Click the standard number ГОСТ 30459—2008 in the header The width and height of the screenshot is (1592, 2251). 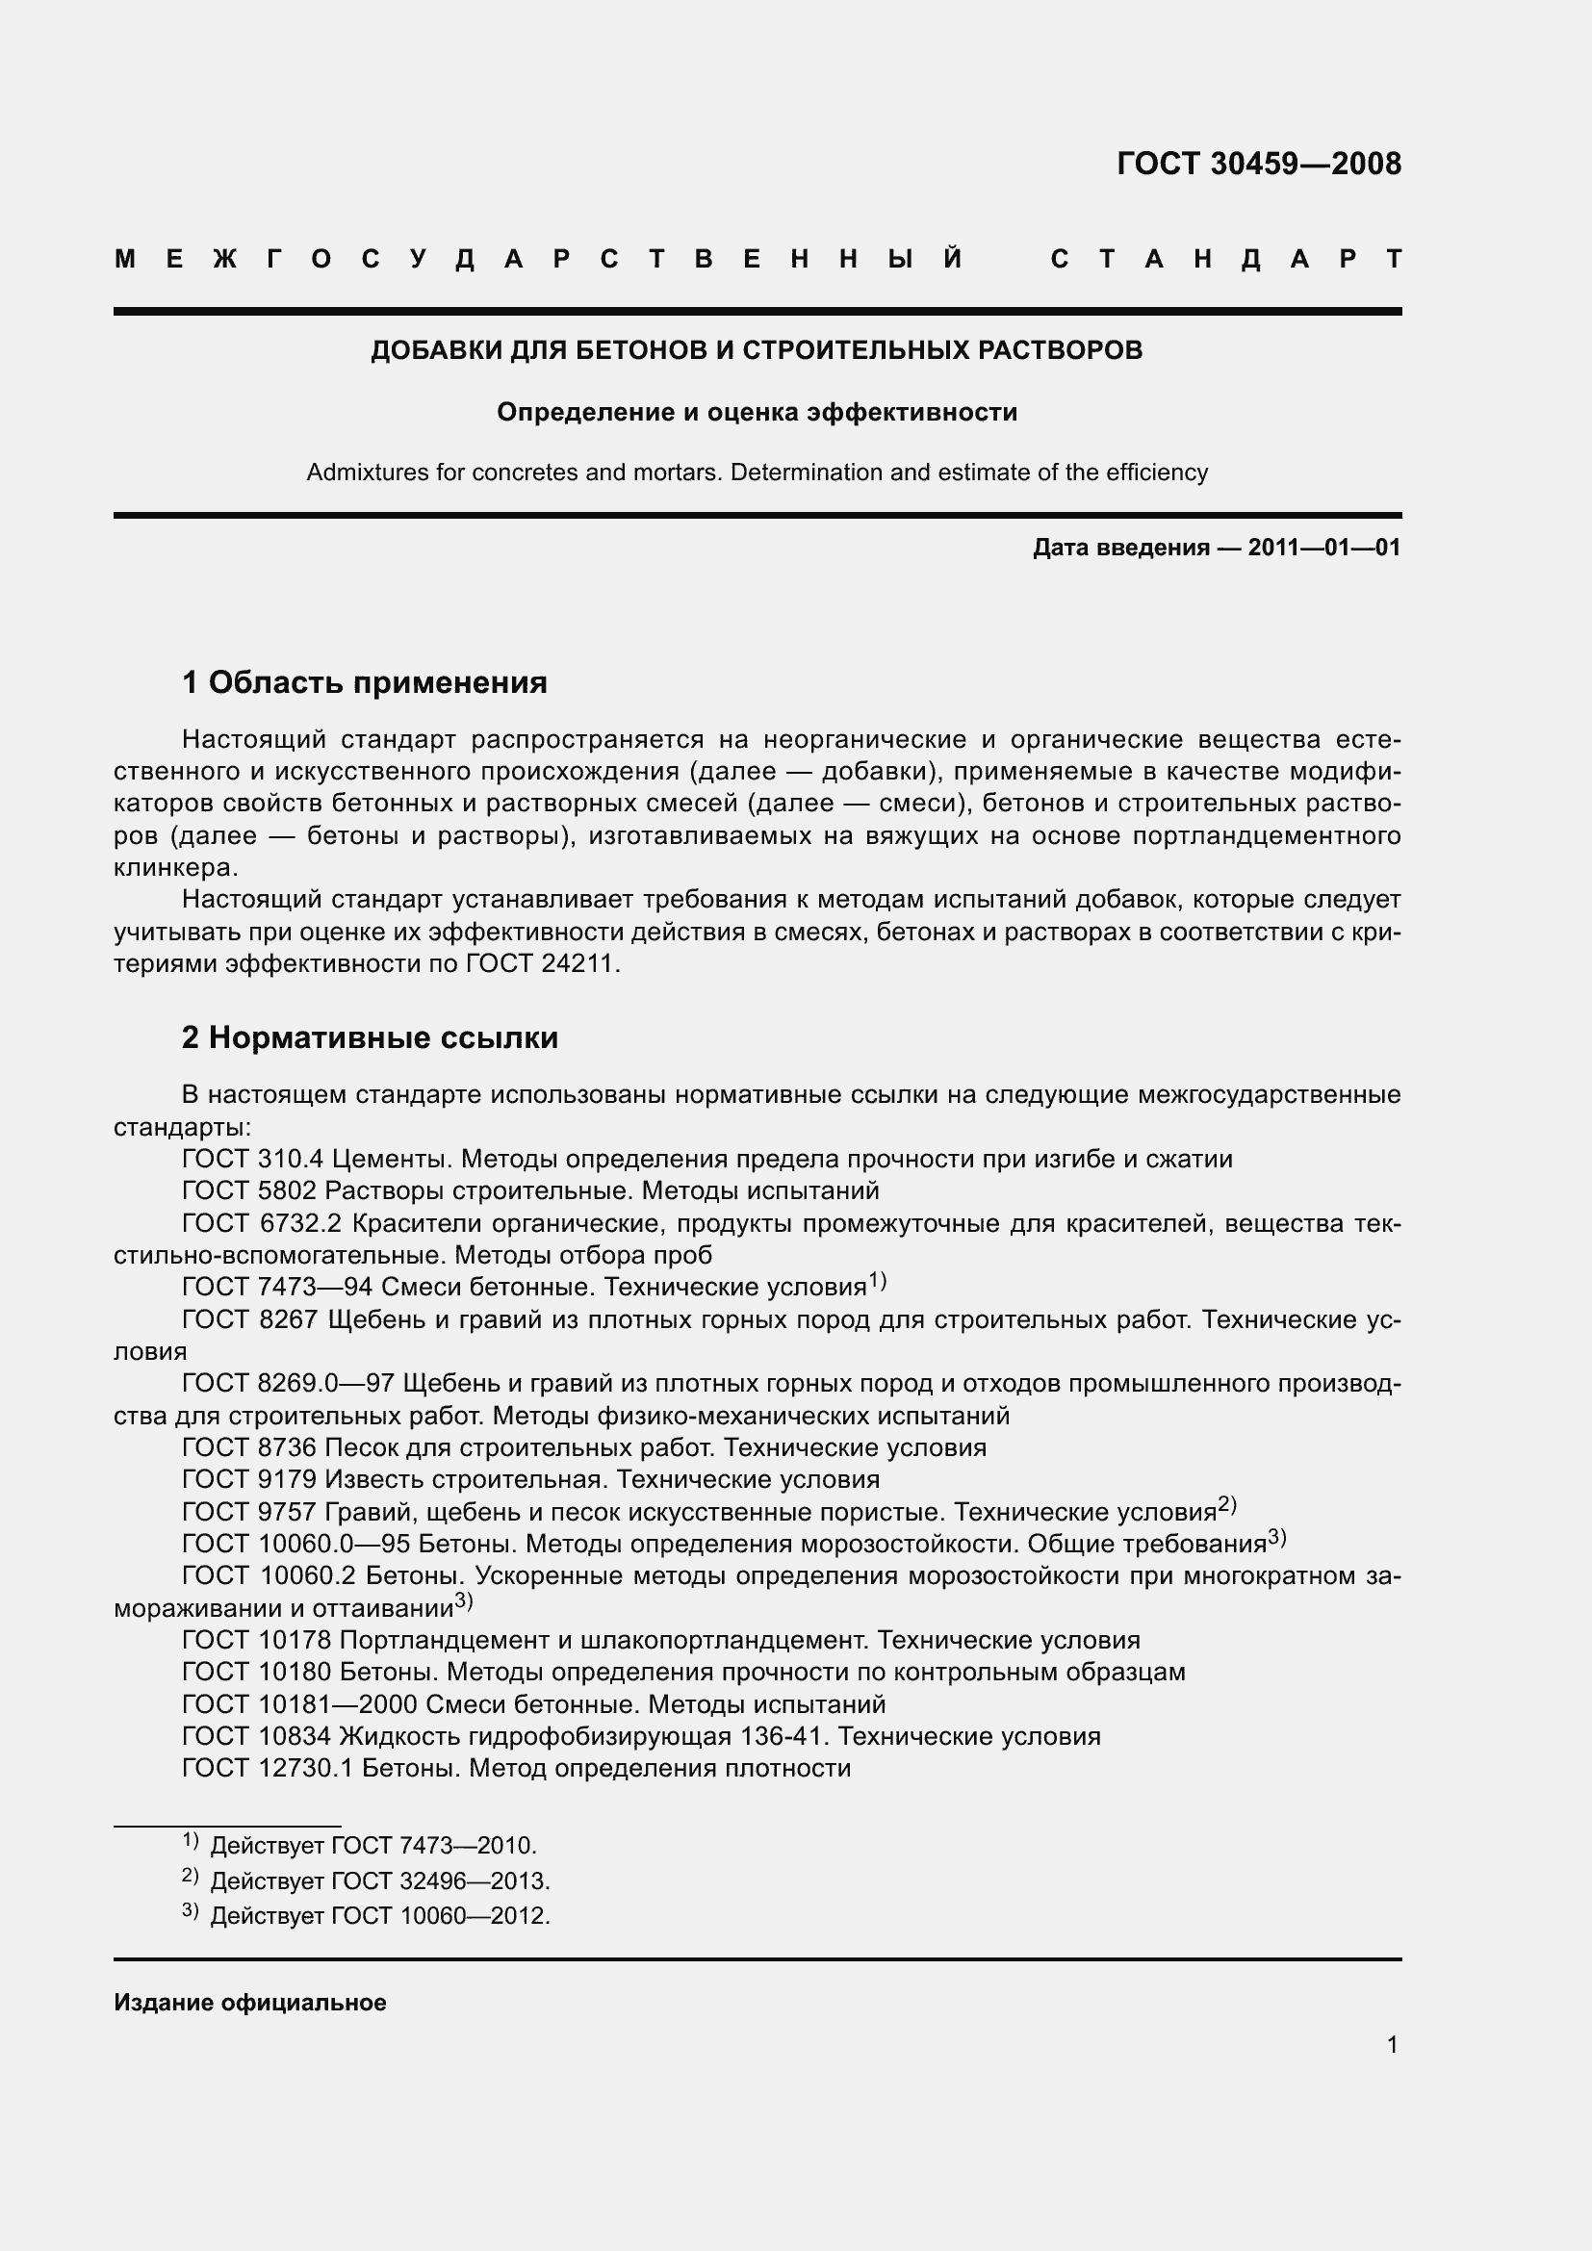(x=1259, y=163)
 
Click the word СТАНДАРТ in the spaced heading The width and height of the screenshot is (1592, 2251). (x=1225, y=260)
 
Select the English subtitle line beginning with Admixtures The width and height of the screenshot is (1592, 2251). (x=757, y=473)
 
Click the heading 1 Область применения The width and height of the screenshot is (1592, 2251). (x=365, y=682)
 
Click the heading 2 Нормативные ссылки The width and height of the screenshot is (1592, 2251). (x=370, y=1037)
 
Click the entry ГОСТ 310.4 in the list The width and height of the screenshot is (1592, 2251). (x=253, y=1159)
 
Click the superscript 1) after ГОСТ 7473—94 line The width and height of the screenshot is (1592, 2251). (x=878, y=1280)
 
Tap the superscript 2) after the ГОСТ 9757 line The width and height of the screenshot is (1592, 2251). (x=1227, y=1504)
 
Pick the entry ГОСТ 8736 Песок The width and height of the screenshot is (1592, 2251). (x=583, y=1448)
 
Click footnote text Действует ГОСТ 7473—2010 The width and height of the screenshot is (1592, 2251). (x=372, y=1846)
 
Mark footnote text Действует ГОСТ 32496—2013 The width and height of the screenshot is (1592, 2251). (x=380, y=1881)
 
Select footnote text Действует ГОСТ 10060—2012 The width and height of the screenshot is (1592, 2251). (x=380, y=1916)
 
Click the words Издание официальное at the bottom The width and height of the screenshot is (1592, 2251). (x=250, y=2003)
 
